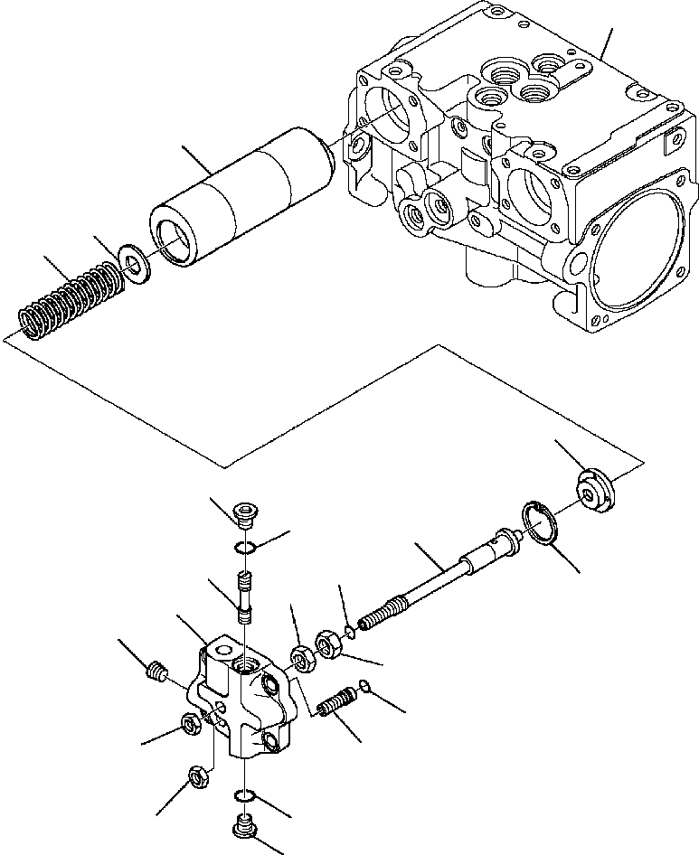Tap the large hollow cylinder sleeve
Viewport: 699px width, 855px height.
pos(242,198)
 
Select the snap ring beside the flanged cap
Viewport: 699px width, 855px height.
pos(539,524)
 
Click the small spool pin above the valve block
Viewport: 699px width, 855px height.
pos(243,597)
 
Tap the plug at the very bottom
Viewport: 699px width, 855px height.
pos(243,824)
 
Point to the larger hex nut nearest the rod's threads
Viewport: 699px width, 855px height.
pos(327,647)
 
